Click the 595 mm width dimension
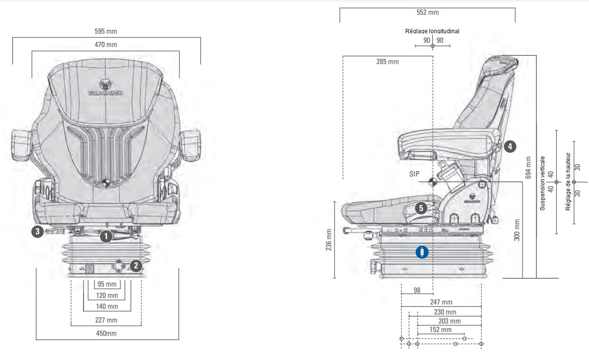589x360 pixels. point(106,32)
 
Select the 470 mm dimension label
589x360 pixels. point(106,45)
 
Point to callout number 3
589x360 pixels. point(37,232)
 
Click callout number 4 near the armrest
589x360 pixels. point(509,147)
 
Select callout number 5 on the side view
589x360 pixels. point(421,208)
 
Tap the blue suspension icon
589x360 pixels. point(422,252)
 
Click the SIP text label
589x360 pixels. point(415,174)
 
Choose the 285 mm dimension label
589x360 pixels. point(387,62)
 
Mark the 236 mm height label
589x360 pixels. point(329,240)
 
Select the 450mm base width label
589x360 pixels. point(107,333)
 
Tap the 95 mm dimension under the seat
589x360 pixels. point(107,285)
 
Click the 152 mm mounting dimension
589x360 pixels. point(440,330)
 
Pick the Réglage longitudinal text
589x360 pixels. point(432,31)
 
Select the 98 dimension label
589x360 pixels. point(417,290)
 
